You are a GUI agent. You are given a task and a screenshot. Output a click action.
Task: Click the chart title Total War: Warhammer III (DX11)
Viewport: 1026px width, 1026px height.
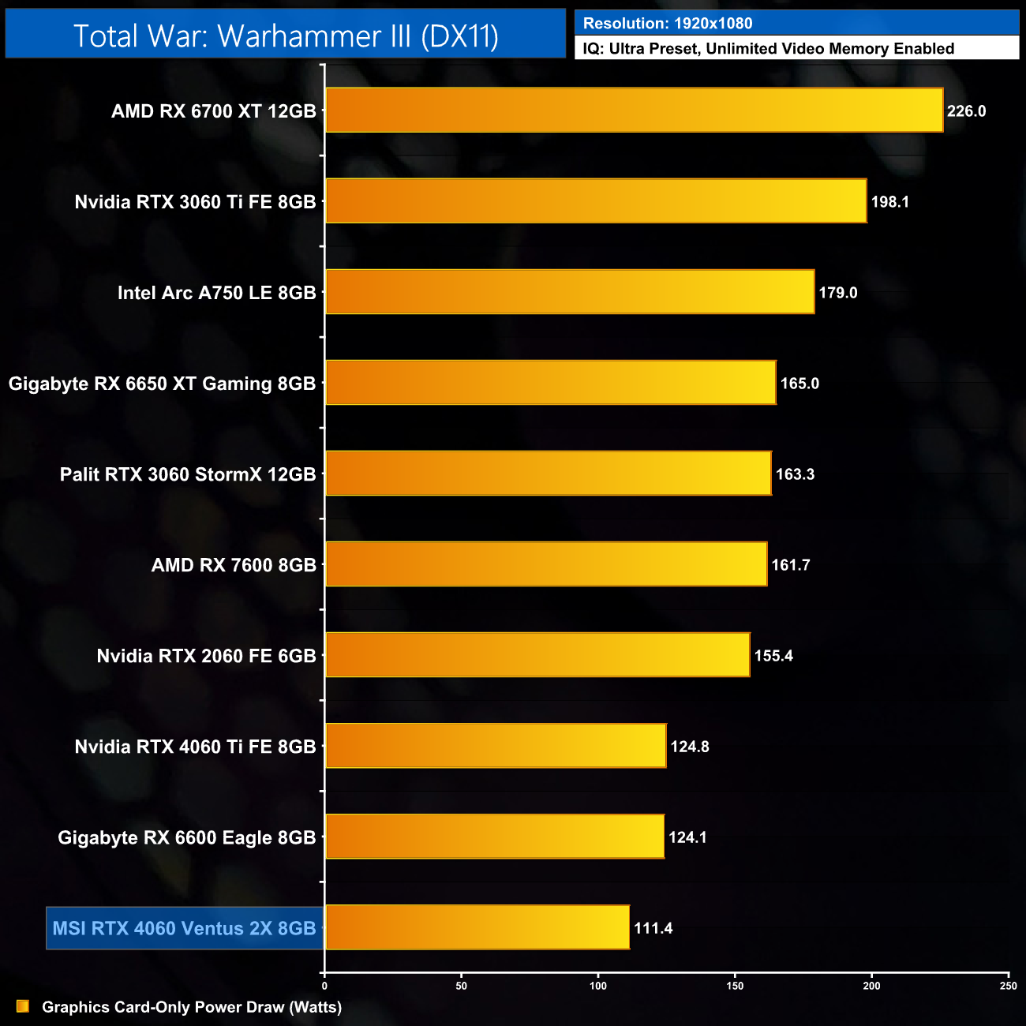pos(286,36)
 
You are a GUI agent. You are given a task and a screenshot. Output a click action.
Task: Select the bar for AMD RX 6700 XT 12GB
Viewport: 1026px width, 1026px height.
pos(634,110)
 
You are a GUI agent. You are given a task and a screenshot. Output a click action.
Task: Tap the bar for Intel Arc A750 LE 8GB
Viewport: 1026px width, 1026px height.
pos(570,292)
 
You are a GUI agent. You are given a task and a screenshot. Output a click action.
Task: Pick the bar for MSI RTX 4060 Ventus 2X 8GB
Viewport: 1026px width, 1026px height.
pos(477,927)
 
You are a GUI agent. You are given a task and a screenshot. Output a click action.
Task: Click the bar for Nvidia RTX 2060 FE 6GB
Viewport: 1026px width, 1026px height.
pos(537,655)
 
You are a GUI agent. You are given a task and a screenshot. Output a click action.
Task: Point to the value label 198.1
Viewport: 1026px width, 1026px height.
pos(889,202)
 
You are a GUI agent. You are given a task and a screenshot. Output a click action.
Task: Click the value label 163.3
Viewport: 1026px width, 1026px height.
pos(795,474)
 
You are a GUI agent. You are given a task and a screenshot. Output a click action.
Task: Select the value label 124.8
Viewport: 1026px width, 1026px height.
pos(690,747)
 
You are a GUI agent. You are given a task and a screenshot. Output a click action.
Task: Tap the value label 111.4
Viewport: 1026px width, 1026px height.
pos(653,928)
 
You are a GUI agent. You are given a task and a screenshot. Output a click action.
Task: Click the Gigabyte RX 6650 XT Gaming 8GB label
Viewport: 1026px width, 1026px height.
pos(162,384)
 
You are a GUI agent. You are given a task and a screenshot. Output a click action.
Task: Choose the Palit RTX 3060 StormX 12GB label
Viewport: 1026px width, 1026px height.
pos(188,474)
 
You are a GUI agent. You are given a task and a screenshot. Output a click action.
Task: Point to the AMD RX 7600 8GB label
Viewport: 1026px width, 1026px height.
pos(234,565)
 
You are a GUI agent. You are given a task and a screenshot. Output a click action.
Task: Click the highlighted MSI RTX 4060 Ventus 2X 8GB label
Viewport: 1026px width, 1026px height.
pos(184,928)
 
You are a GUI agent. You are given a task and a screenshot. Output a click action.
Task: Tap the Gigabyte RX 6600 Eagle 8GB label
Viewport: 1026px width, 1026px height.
pos(187,837)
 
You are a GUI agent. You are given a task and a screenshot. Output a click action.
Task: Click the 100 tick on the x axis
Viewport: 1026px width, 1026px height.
pos(598,986)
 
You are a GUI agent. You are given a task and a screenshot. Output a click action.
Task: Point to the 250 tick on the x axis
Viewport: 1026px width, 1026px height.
pos(1008,986)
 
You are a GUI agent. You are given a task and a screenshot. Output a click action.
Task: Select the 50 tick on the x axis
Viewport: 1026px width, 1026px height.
pos(462,986)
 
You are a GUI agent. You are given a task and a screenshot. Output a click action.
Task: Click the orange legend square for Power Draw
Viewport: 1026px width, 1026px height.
pos(23,1006)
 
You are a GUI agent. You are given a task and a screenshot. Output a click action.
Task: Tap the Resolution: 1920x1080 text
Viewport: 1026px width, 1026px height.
pos(668,24)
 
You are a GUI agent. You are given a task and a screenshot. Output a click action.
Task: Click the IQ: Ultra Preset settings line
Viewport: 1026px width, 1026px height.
pos(768,49)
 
